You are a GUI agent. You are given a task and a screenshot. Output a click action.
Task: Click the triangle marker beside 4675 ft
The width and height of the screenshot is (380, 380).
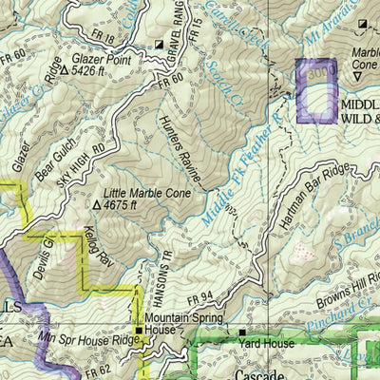point(98,204)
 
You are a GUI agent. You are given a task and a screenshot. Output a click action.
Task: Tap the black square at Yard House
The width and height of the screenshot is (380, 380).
point(241,332)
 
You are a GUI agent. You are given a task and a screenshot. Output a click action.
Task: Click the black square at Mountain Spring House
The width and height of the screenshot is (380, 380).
point(140,332)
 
